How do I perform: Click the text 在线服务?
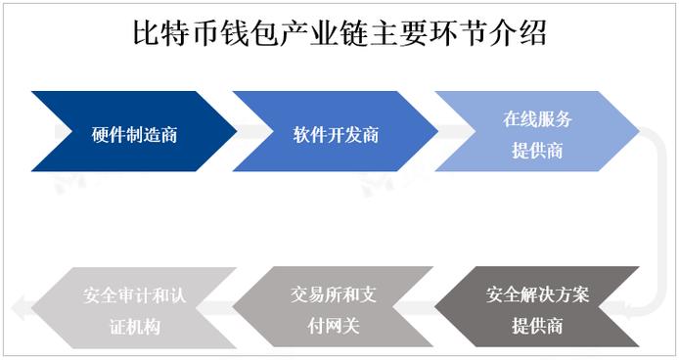tap(537, 119)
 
